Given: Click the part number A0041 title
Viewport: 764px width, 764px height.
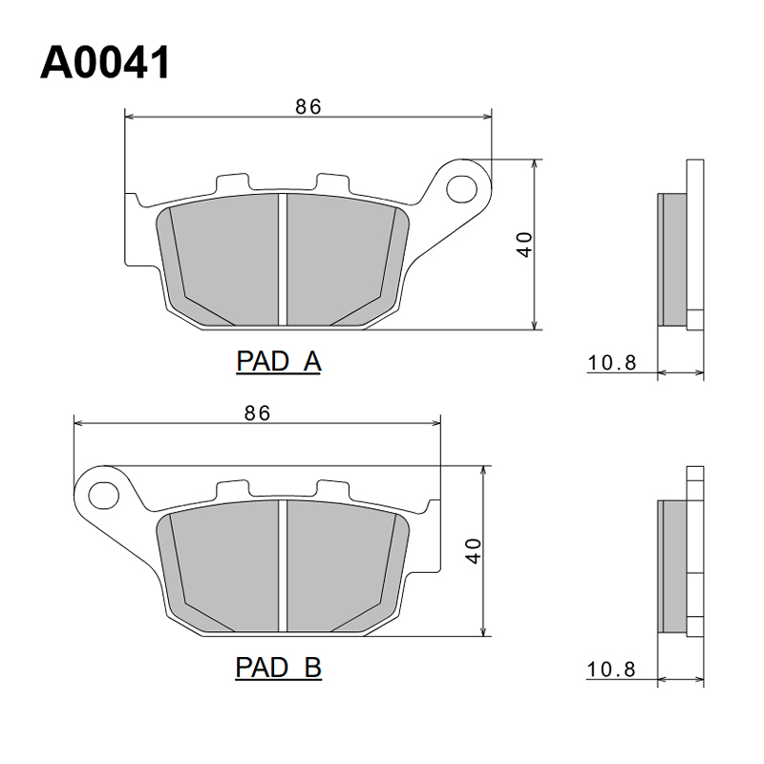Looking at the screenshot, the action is coord(105,62).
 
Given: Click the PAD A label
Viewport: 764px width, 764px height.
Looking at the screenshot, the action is coord(278,362).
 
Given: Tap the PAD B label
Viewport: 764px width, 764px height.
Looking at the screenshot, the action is coord(278,667).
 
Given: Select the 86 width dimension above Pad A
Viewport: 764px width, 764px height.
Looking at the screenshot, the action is coord(308,107).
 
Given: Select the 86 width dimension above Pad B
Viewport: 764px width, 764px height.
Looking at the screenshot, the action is coord(257,414).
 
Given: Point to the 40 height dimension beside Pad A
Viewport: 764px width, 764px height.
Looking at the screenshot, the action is coord(525,244).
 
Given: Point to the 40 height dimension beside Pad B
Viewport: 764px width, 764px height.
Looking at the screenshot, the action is coord(474,551).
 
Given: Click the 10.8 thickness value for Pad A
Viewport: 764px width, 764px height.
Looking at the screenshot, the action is coord(612,363).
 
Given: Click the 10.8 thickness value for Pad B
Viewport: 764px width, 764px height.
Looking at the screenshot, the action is coord(611,669).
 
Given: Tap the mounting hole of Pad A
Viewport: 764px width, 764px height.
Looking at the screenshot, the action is coord(461,189).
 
